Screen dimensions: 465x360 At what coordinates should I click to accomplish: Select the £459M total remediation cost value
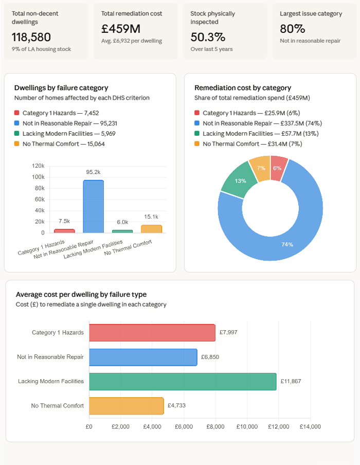pos(121,29)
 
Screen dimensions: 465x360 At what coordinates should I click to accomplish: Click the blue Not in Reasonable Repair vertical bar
pos(93,206)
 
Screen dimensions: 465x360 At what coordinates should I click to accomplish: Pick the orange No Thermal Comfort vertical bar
pos(151,229)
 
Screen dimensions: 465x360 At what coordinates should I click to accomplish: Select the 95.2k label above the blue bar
pos(93,172)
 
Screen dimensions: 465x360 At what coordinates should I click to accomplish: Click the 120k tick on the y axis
pos(38,166)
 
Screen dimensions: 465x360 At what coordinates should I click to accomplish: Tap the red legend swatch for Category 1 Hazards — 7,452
pos(17,113)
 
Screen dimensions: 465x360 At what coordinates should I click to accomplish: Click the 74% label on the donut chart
pos(287,244)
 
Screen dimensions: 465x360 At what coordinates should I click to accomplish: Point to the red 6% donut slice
pos(278,168)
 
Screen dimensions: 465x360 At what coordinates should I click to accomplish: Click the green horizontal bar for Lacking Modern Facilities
pos(183,381)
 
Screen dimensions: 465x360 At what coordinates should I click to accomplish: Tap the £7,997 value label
pos(228,332)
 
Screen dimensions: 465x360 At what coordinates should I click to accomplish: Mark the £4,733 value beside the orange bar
pos(176,405)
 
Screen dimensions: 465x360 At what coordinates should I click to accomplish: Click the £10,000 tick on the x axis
pos(247,426)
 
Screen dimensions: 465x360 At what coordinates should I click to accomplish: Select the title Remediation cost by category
pos(243,88)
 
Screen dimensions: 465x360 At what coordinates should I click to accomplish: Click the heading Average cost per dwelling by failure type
pos(81,294)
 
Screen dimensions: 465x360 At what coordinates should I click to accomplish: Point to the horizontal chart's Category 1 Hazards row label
pos(58,332)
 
